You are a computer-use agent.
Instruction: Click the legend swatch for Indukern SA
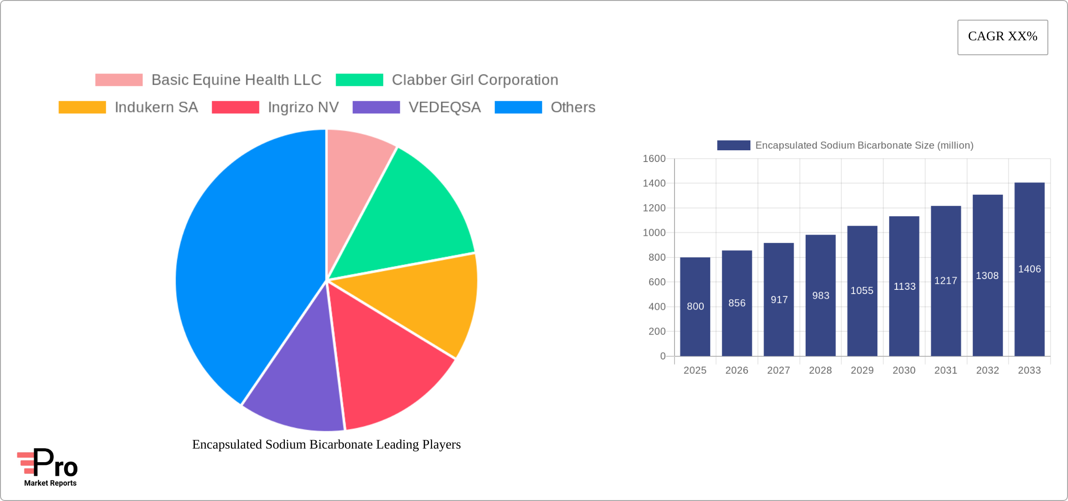(x=82, y=107)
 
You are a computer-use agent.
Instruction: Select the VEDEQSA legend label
(x=445, y=107)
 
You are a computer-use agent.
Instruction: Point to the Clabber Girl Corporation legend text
(x=475, y=80)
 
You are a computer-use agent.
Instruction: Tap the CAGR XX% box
(x=1002, y=37)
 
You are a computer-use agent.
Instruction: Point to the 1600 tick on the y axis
(x=654, y=159)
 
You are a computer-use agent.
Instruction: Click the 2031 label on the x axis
(x=946, y=370)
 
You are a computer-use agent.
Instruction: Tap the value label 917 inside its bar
(x=779, y=300)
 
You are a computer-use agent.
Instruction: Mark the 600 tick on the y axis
(x=656, y=282)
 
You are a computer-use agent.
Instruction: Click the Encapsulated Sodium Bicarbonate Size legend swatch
(x=734, y=146)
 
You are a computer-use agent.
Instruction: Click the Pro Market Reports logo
(x=48, y=467)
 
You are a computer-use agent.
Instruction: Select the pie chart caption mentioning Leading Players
(x=326, y=444)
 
